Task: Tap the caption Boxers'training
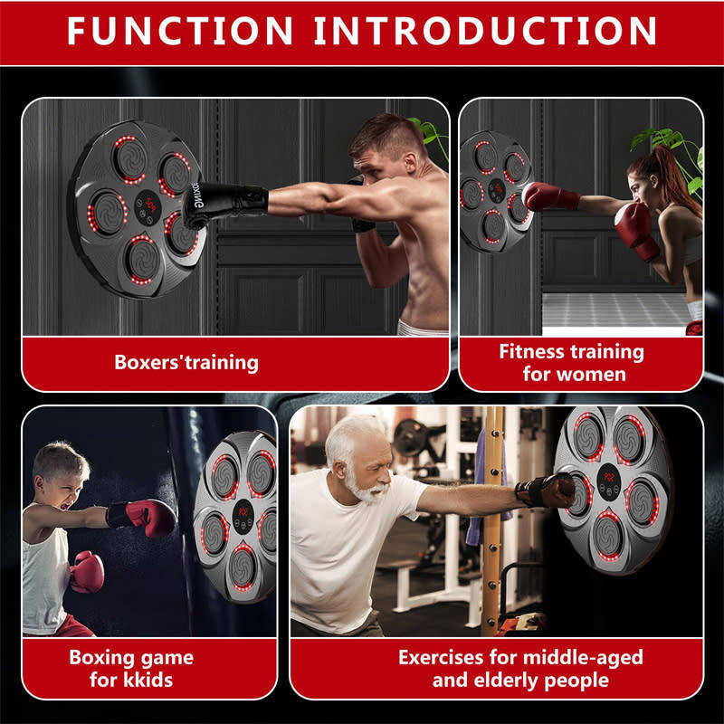click(x=186, y=363)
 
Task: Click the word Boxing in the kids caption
click(x=99, y=657)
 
